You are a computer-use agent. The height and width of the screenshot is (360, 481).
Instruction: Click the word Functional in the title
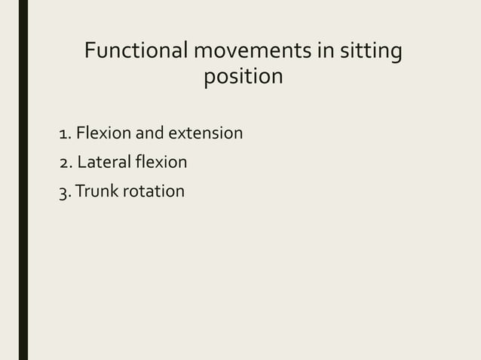[x=136, y=52]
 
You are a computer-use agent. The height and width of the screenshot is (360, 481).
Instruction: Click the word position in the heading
[x=244, y=78]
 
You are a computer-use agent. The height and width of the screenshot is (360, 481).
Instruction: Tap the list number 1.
[x=64, y=135]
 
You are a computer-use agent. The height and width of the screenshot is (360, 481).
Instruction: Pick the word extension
[x=205, y=134]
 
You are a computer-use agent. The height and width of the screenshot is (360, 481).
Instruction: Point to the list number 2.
[x=64, y=163]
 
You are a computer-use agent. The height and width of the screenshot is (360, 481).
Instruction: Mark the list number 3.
[x=63, y=192]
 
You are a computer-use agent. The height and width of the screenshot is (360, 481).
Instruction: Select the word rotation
[x=154, y=191]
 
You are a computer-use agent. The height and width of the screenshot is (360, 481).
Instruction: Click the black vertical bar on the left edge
[x=23, y=180]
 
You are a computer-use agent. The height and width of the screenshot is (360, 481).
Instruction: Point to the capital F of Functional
[x=90, y=52]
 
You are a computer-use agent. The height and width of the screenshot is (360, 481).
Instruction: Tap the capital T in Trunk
[x=81, y=191]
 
